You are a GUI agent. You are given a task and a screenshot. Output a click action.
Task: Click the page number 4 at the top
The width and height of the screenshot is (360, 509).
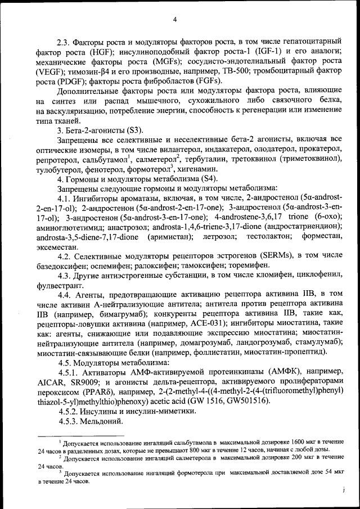click(174, 20)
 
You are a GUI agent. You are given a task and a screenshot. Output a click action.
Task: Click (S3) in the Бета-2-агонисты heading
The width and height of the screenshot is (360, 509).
click(137, 130)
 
